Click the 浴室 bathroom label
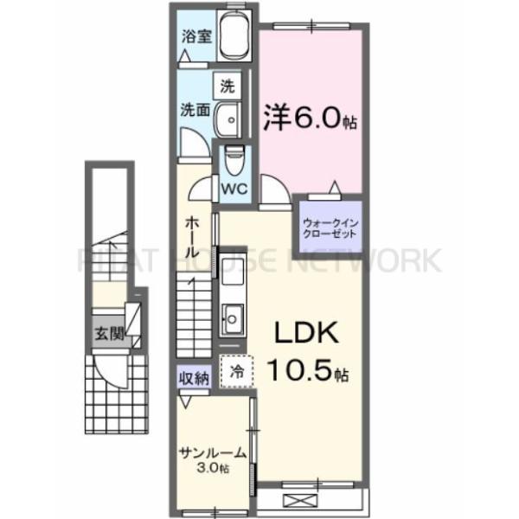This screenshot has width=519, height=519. coord(196,36)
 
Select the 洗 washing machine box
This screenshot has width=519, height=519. coord(227,86)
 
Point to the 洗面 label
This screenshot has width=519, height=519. coord(195,110)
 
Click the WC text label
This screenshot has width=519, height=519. coord(235,188)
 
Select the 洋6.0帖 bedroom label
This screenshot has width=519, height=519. coord(307,119)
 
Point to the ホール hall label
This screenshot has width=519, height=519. coord(193,235)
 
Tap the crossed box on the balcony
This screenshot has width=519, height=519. coord(298,500)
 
